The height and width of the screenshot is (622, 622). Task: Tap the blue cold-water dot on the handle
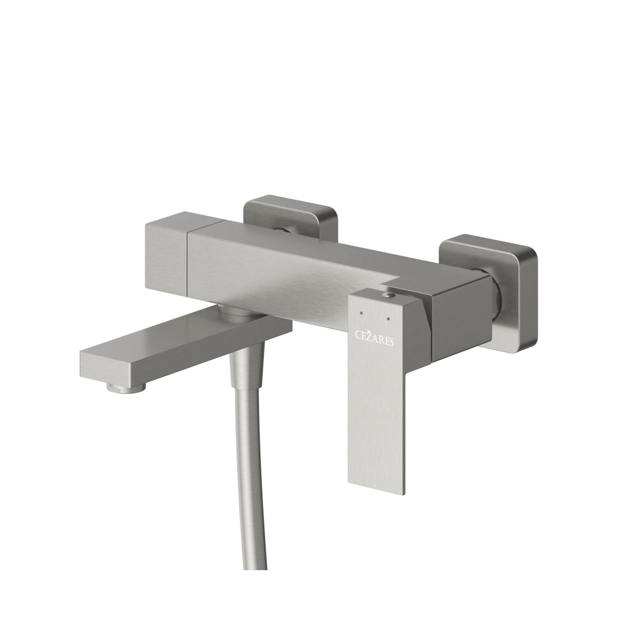[388, 319]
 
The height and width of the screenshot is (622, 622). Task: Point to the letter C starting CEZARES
[358, 335]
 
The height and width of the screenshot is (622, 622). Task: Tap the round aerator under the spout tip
[126, 388]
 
